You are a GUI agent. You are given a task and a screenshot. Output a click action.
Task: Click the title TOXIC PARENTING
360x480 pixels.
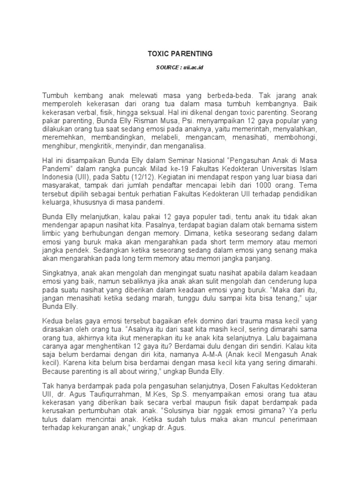180,54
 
